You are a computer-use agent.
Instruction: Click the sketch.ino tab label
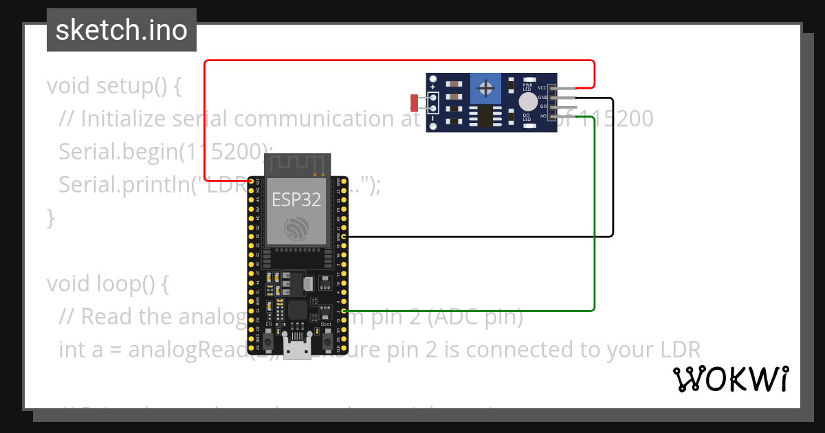tap(121, 30)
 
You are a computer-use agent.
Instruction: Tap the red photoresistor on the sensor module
tap(415, 103)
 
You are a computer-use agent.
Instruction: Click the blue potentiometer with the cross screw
tap(487, 89)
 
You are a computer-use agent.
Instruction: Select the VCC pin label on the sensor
tap(542, 88)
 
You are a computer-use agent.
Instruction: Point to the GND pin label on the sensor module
tap(542, 98)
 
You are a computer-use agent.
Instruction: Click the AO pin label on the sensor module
tap(543, 116)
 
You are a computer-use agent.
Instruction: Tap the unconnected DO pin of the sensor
tap(566, 107)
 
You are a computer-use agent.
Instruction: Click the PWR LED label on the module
tap(527, 87)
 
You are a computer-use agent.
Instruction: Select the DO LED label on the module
tap(527, 118)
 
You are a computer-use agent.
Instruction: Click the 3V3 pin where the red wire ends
tap(252, 180)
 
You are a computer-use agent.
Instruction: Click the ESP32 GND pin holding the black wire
tap(342, 236)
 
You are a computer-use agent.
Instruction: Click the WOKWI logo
tap(731, 379)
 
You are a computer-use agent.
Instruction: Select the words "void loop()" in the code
tap(102, 283)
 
